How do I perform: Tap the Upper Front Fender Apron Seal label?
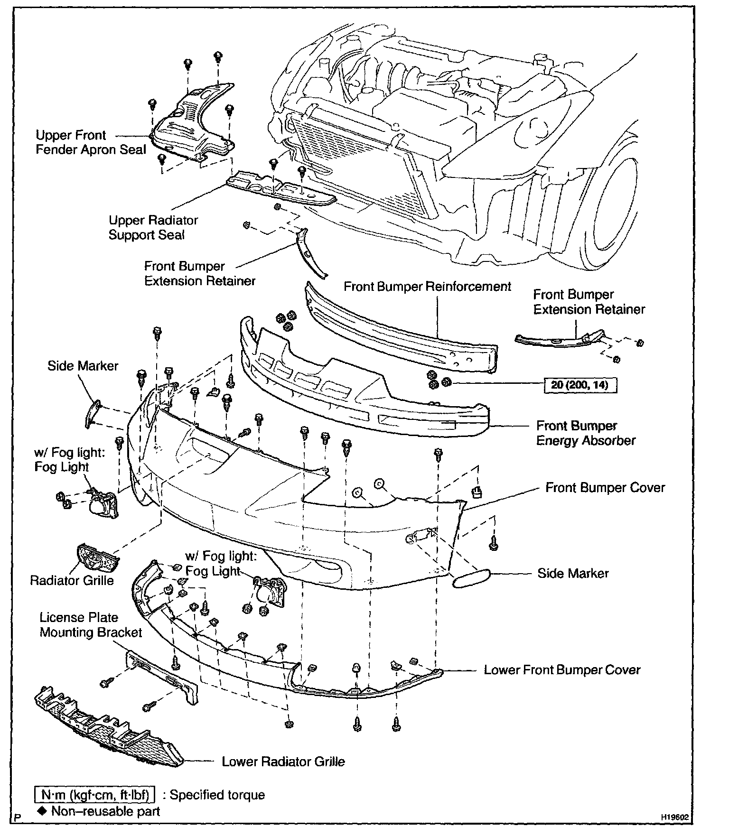click(x=91, y=143)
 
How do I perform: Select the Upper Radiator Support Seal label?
click(x=153, y=227)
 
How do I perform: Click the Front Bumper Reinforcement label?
click(x=427, y=287)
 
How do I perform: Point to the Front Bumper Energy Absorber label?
click(x=585, y=433)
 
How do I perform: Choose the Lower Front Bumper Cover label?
click(x=562, y=670)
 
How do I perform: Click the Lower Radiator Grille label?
click(x=283, y=762)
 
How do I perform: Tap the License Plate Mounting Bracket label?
click(x=91, y=625)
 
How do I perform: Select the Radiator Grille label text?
click(x=72, y=580)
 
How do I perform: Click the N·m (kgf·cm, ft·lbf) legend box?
click(x=95, y=795)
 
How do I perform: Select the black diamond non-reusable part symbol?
click(x=42, y=811)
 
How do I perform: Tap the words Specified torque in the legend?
click(x=217, y=795)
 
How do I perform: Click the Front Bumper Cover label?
click(x=605, y=488)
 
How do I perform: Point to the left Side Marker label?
click(x=83, y=366)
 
